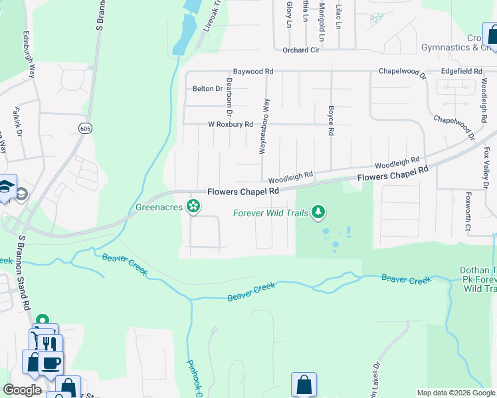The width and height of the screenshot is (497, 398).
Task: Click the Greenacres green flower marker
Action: pos(193,207)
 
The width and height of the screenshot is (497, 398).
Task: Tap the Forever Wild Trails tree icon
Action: pos(320,212)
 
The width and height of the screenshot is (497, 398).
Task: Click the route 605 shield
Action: pos(85,127)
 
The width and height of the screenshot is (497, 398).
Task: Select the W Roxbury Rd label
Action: pos(231,124)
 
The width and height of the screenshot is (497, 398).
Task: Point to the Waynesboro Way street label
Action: pos(264,127)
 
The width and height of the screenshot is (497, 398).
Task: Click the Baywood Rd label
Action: pos(252,71)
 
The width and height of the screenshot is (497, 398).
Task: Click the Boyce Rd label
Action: pos(330,119)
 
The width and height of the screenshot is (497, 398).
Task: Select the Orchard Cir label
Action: pos(301,50)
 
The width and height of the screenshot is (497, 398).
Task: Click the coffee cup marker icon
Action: pos(50,362)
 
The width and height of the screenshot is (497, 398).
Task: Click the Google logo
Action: pos(22,390)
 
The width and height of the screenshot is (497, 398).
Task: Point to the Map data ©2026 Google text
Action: pos(455,393)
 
